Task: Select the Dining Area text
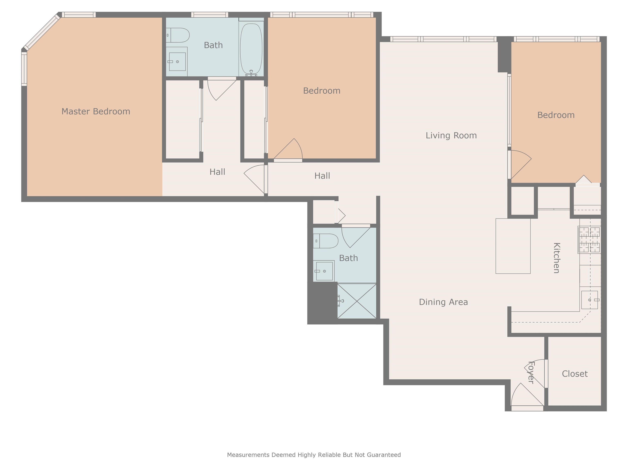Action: click(443, 302)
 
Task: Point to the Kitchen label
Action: click(557, 258)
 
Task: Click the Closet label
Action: click(575, 374)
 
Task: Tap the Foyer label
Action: click(531, 372)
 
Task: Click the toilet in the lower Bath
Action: click(326, 241)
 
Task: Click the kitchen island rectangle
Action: click(513, 246)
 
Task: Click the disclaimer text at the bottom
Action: click(314, 455)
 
